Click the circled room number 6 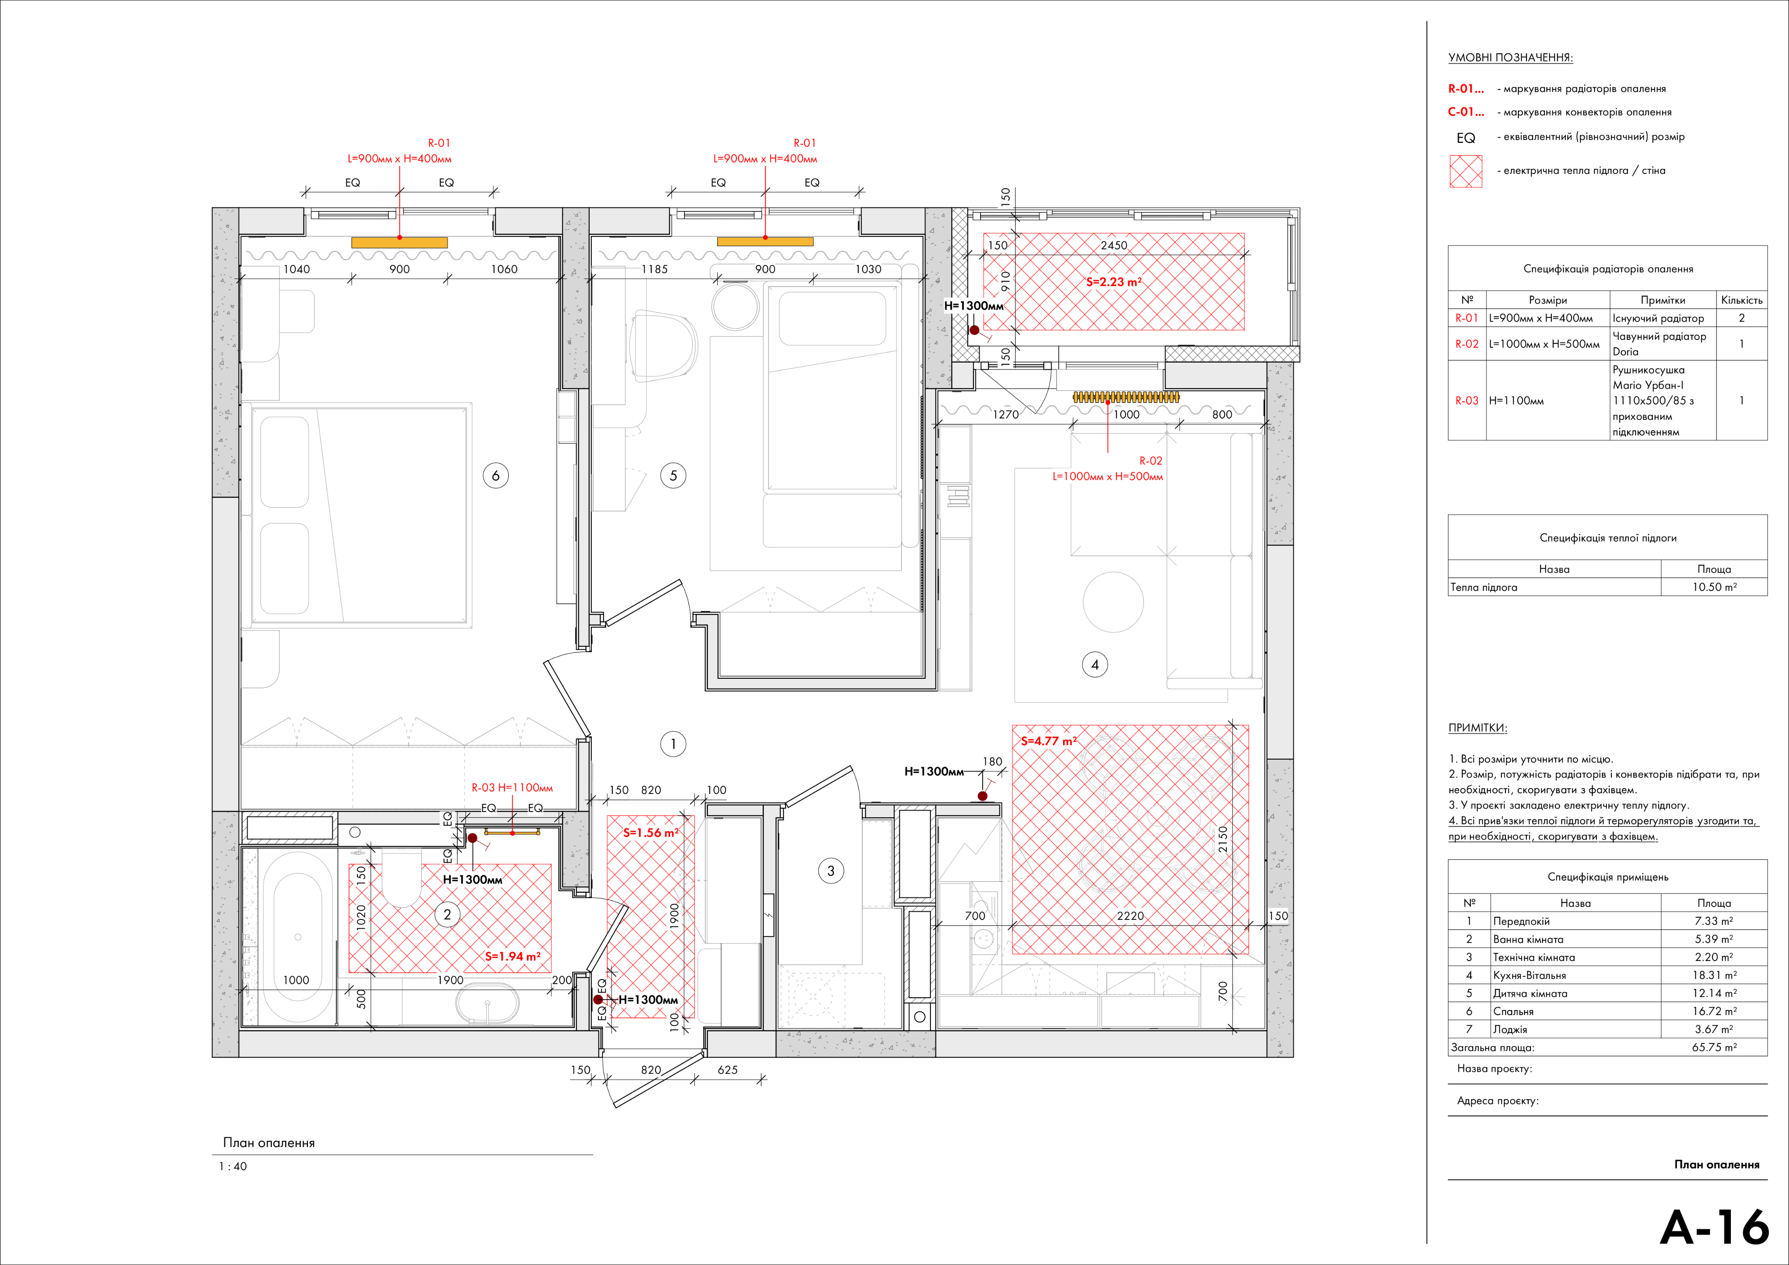tap(496, 475)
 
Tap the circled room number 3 tap(831, 871)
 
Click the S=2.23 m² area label tap(1114, 282)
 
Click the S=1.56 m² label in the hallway tap(651, 833)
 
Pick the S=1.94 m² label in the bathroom tap(513, 956)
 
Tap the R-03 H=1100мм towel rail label tap(512, 788)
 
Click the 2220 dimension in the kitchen tap(1131, 916)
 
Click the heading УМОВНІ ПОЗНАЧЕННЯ tap(1510, 58)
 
